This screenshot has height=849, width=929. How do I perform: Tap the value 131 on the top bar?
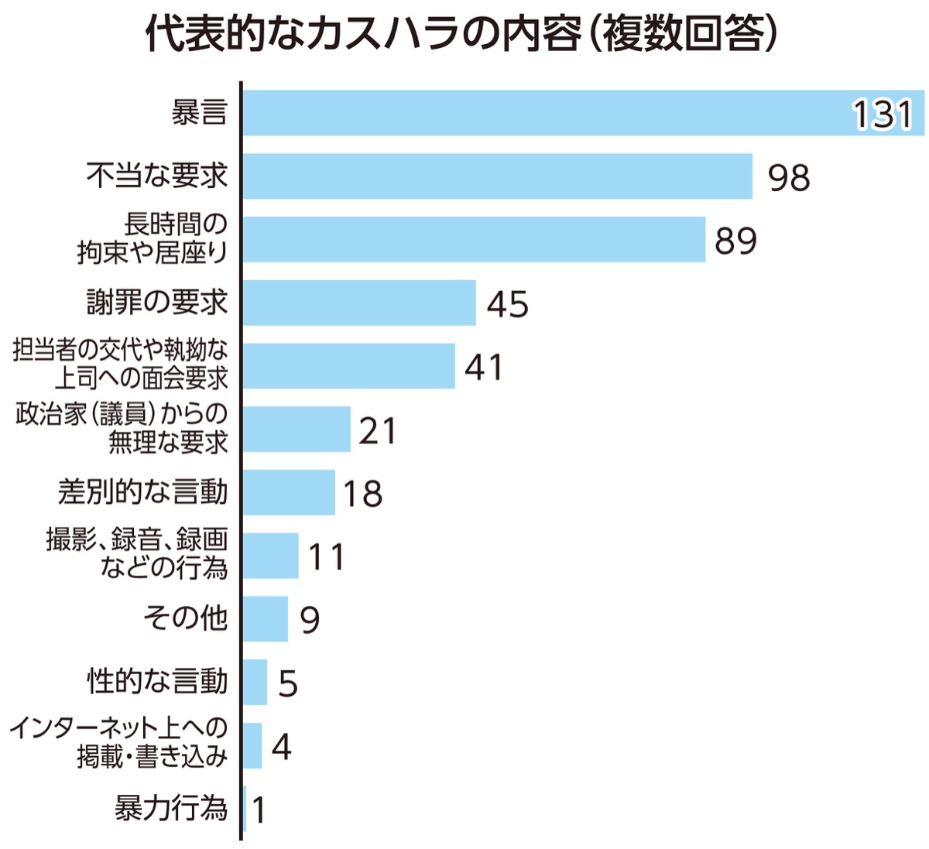tap(883, 115)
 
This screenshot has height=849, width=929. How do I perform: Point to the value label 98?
tap(788, 177)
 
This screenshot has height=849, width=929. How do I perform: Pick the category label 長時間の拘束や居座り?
tap(153, 239)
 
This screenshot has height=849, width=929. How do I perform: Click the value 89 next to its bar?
tap(735, 241)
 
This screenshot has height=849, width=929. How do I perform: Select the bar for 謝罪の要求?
tap(359, 303)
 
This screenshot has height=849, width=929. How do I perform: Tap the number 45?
tap(507, 304)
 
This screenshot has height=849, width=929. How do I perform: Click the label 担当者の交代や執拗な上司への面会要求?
tap(121, 365)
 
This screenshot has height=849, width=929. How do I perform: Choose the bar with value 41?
tap(348, 366)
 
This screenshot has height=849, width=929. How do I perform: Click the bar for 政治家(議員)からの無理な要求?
tap(297, 430)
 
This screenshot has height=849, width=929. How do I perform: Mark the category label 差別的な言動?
tap(143, 492)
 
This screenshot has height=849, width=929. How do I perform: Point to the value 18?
tap(362, 494)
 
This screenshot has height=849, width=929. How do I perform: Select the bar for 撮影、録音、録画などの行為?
tap(271, 556)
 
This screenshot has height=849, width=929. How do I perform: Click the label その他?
tap(185, 618)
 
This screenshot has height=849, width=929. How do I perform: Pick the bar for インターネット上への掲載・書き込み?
tap(252, 746)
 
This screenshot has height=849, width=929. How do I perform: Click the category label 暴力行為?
tap(171, 809)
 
